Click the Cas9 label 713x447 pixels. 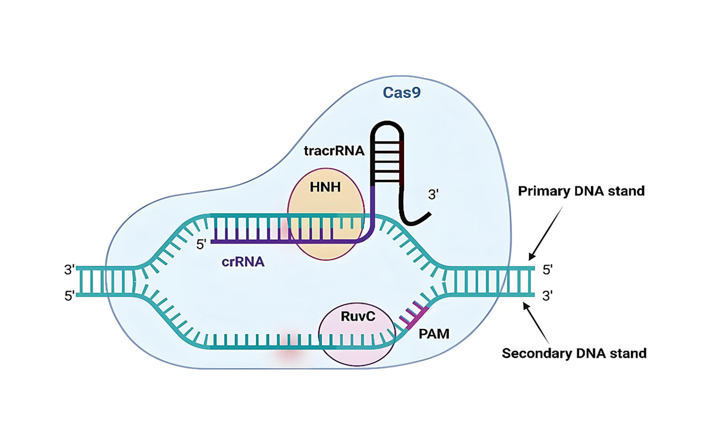point(401,93)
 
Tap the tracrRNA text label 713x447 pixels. point(334,151)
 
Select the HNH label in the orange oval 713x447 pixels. point(325,188)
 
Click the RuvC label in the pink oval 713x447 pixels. point(358,317)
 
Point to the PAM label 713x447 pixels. point(434,334)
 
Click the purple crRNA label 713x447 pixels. point(243,262)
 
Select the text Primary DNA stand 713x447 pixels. point(581,191)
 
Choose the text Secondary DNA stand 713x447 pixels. point(574,353)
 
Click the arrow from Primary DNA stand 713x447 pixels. point(546,232)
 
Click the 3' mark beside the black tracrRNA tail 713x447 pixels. point(433,195)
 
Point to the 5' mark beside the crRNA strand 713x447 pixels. point(201,245)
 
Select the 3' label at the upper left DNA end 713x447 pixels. point(70,270)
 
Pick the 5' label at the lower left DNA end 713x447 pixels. point(70,296)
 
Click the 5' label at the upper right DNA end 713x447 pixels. point(547,270)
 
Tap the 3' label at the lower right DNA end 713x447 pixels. point(547,296)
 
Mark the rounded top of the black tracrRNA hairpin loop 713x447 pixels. point(388,125)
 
